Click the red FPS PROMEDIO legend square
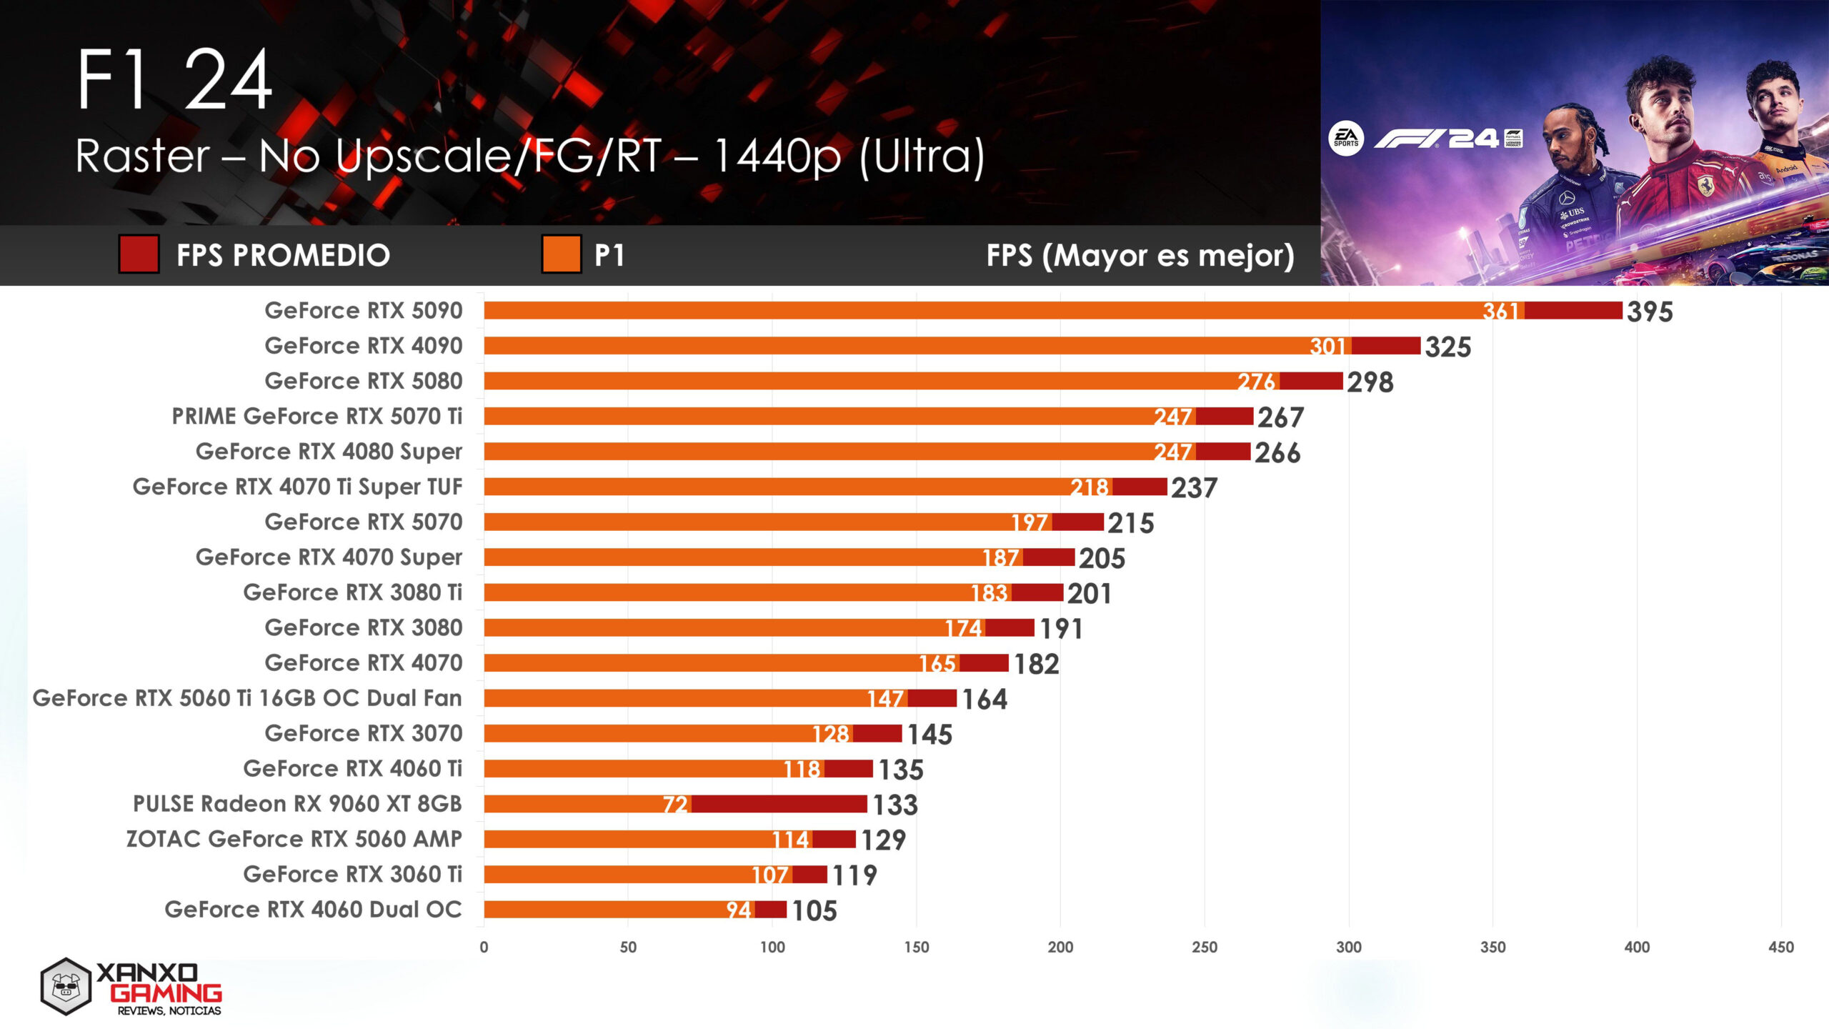[139, 254]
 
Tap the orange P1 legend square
[561, 254]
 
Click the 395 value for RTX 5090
[1650, 312]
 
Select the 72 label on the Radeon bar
[675, 805]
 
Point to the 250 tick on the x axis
[1205, 947]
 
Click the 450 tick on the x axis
[1780, 947]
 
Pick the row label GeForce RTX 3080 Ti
[352, 592]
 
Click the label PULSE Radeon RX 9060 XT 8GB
[297, 804]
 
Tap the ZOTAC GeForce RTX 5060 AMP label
[294, 839]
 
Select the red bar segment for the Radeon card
[779, 804]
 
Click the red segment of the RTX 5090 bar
[1573, 311]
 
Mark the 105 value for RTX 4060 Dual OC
[814, 911]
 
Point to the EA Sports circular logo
[1346, 139]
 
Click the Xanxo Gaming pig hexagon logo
[66, 987]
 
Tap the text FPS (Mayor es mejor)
[1140, 255]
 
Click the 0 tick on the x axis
[484, 947]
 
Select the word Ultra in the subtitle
[921, 156]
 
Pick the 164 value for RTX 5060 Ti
[985, 699]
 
